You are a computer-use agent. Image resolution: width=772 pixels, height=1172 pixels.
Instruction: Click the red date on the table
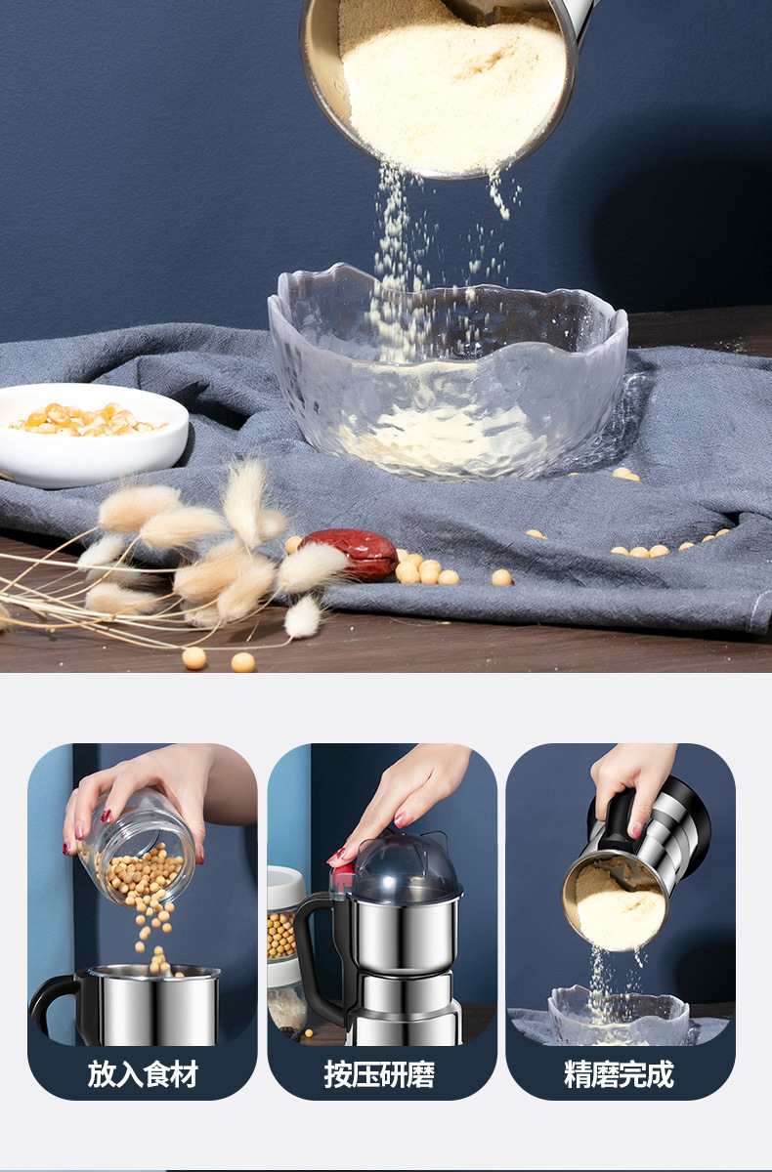tap(352, 554)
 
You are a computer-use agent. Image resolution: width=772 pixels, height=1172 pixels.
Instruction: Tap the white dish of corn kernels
tap(93, 435)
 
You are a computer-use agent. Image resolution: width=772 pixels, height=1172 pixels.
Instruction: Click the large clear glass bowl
tap(448, 371)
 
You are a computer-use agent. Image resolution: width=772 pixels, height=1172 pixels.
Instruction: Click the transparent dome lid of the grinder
tap(407, 865)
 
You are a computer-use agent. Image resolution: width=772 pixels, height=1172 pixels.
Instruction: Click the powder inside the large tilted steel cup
tap(452, 89)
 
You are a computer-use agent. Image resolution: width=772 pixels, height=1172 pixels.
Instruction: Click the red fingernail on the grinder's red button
tap(335, 858)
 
